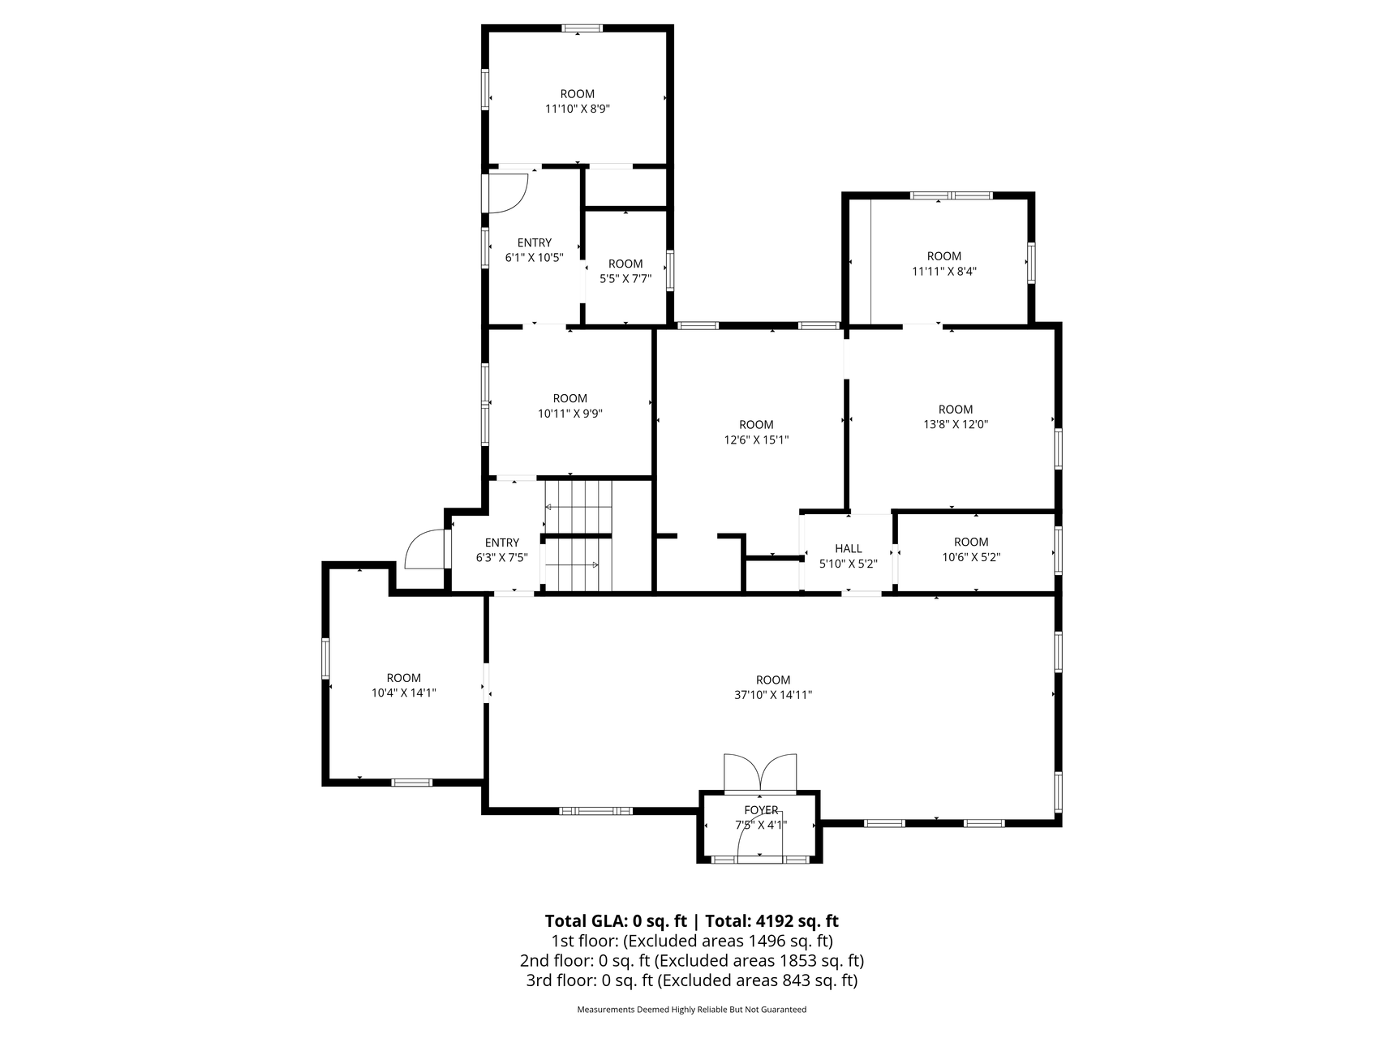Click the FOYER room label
click(x=761, y=810)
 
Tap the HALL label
click(x=848, y=549)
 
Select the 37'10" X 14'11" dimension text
click(x=772, y=695)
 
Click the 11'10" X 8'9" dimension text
click(x=577, y=109)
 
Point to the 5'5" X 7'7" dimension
click(x=625, y=278)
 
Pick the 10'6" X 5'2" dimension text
click(x=971, y=557)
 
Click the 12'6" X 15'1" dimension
click(x=756, y=440)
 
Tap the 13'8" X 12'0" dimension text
click(x=955, y=424)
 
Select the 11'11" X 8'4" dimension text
click(x=943, y=272)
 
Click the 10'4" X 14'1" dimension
click(x=403, y=693)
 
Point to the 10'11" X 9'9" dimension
click(x=570, y=414)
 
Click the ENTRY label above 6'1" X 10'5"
click(x=534, y=242)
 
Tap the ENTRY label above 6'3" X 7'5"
click(x=501, y=543)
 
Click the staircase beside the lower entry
click(x=577, y=536)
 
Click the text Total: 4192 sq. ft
click(x=772, y=921)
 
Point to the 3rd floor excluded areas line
click(x=691, y=980)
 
